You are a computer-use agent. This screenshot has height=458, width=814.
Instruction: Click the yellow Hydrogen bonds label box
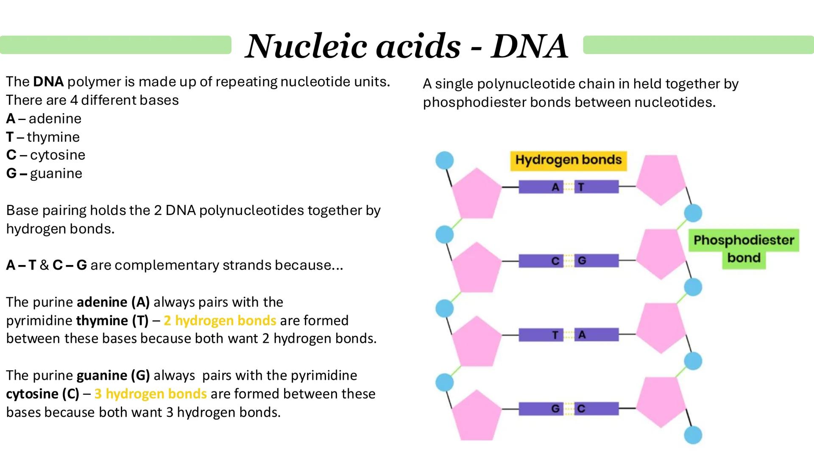coord(568,161)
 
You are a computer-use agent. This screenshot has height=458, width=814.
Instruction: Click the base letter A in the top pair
coord(555,187)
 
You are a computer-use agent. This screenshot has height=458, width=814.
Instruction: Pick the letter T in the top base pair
coord(581,187)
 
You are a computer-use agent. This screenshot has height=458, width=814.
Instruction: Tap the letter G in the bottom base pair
coord(555,409)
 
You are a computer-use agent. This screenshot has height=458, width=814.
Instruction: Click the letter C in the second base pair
coord(555,261)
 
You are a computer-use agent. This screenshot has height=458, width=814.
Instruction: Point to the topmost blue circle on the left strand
coord(445,161)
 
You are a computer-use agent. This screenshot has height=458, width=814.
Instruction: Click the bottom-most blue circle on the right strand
coord(693,435)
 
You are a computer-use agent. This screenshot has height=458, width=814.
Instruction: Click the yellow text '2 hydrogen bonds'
coord(220,321)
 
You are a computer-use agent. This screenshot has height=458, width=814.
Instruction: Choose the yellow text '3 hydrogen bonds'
coord(151,394)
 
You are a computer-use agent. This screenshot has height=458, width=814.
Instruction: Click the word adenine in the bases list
coord(55,119)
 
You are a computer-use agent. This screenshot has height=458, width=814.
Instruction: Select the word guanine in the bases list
coord(56,173)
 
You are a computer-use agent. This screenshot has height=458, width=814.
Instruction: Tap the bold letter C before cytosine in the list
coord(11,155)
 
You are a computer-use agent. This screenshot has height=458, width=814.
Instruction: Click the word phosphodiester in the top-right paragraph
coord(474,103)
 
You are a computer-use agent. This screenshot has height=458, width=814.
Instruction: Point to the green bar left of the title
coord(115,45)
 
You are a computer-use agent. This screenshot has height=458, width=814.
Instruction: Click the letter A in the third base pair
coord(582,335)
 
